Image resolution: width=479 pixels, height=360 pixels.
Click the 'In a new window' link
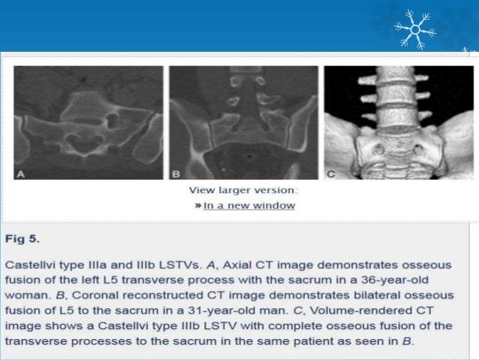249,205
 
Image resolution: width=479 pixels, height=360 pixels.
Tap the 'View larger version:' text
243,189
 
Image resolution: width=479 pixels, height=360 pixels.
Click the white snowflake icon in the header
415,29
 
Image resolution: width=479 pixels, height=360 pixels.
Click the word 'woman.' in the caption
26,295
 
